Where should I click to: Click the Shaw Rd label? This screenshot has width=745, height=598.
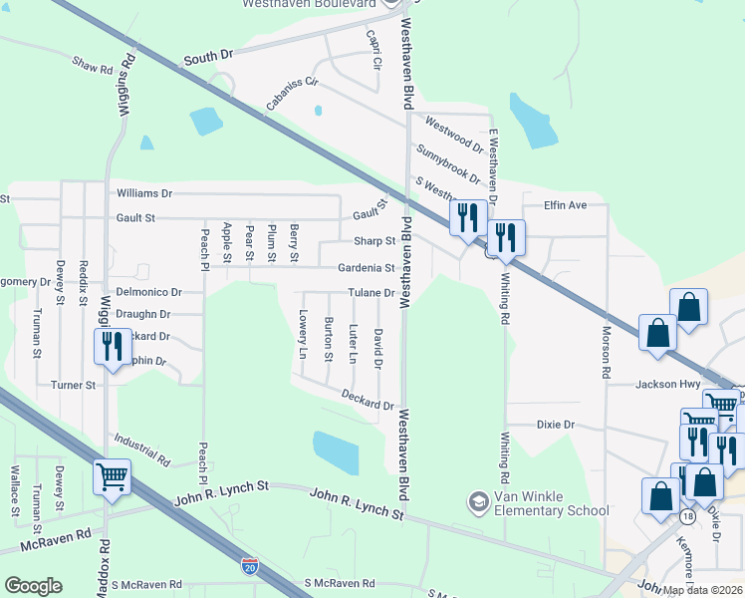click(x=93, y=66)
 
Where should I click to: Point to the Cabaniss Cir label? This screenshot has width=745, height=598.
click(x=291, y=93)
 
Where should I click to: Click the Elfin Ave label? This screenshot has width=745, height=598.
click(x=566, y=205)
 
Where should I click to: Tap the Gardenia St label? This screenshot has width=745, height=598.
click(x=367, y=268)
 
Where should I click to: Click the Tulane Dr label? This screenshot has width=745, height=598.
click(x=371, y=293)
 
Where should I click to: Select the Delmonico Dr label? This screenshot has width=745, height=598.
click(x=149, y=293)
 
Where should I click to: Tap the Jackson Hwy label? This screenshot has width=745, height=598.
click(x=671, y=384)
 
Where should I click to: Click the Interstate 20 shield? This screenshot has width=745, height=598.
click(x=250, y=567)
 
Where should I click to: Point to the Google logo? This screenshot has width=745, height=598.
click(x=33, y=586)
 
